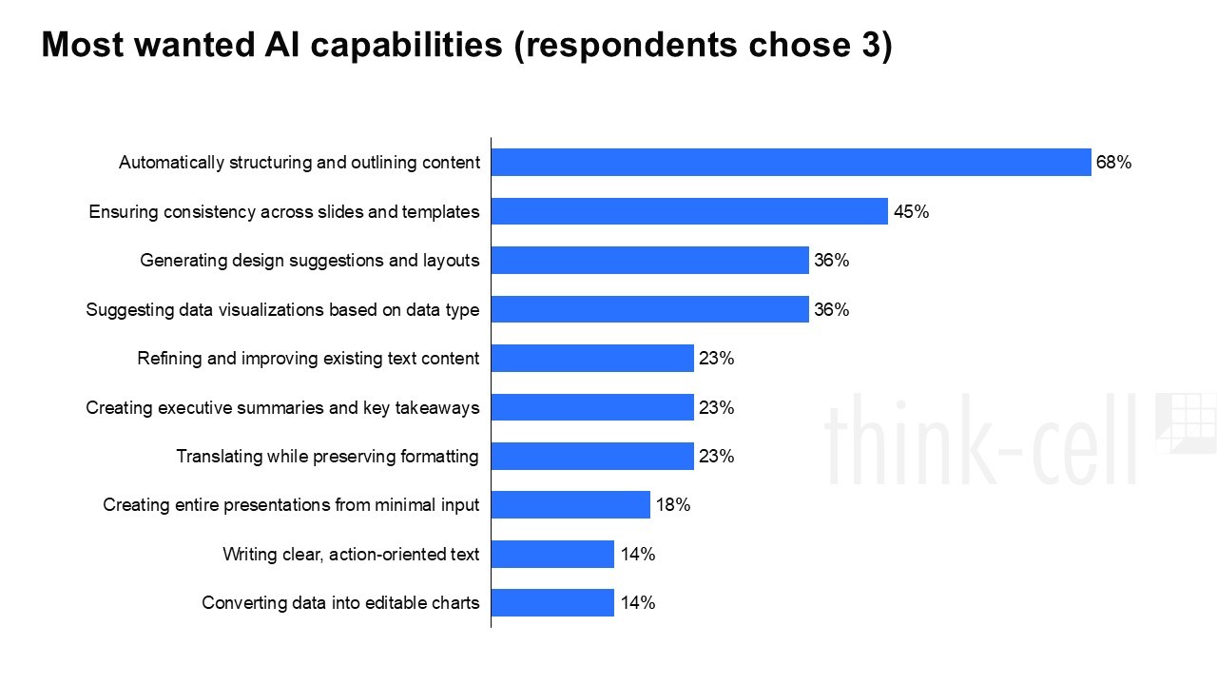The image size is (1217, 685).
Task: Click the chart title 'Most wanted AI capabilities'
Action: click(x=272, y=45)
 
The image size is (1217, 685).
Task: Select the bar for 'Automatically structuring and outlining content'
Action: click(x=790, y=163)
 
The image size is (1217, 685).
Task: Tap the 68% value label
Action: click(x=1113, y=163)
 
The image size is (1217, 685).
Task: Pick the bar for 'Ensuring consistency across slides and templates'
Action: click(x=689, y=211)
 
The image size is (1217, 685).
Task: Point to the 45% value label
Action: click(x=911, y=212)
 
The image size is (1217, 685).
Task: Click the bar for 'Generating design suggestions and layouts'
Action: click(x=649, y=261)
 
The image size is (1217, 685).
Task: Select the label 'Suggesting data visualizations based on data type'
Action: click(x=282, y=309)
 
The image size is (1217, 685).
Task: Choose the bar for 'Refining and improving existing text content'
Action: click(x=592, y=359)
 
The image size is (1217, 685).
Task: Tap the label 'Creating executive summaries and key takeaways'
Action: click(x=282, y=408)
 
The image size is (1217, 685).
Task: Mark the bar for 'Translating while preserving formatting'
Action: click(x=592, y=457)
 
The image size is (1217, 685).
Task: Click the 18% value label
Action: click(x=673, y=505)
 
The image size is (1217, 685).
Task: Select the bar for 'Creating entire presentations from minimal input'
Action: click(x=570, y=505)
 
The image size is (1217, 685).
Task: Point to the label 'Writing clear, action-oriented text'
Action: click(x=351, y=555)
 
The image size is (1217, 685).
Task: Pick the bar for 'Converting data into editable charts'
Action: click(x=552, y=603)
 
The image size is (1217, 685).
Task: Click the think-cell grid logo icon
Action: click(x=1186, y=422)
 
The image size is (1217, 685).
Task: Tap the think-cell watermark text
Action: click(x=979, y=440)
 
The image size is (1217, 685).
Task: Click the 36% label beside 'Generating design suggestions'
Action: click(x=831, y=261)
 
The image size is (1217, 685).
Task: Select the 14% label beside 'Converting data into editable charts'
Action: click(x=637, y=603)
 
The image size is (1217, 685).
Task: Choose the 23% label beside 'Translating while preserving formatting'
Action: click(x=716, y=457)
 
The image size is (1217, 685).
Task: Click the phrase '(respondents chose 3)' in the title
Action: click(x=703, y=45)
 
